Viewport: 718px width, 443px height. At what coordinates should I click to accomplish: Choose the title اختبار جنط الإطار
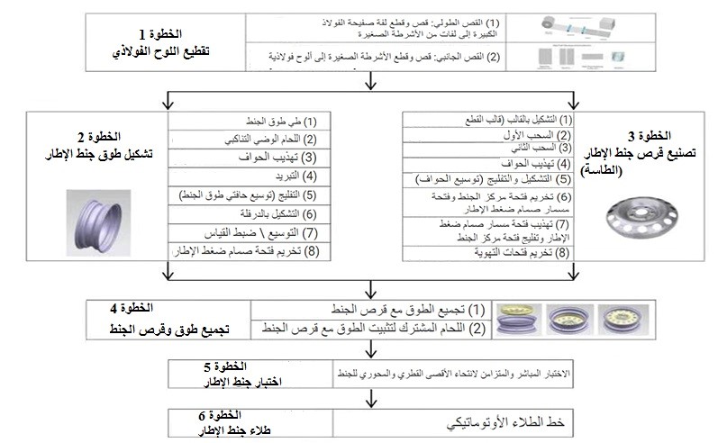(x=221, y=382)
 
